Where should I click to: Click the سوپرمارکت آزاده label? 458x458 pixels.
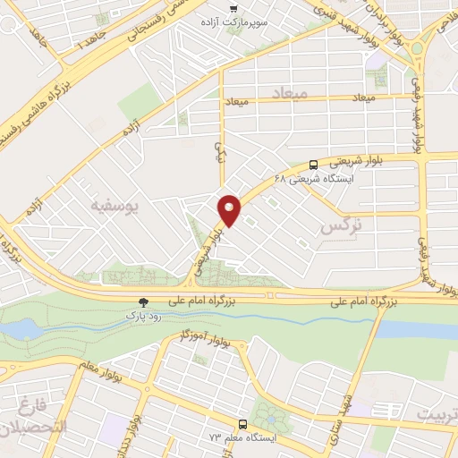tap(209, 21)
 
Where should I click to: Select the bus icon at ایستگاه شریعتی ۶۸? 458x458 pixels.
tap(313, 165)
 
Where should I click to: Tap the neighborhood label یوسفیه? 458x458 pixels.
tap(115, 207)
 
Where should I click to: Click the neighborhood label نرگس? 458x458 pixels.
tap(341, 228)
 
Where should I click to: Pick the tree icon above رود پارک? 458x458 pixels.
tap(143, 303)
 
